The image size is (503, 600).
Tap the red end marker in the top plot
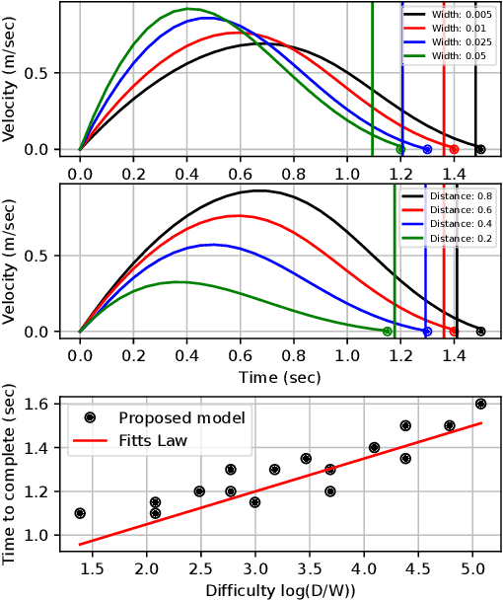coord(454,150)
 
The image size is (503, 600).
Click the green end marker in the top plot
coord(399,150)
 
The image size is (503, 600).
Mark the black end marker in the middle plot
coord(480,332)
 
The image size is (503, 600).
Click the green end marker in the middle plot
coord(387,332)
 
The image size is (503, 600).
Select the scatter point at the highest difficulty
coord(481,404)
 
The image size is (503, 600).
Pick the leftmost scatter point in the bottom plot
coord(80,513)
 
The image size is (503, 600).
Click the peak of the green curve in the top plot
coord(188,9)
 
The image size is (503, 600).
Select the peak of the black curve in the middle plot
coord(258,190)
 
